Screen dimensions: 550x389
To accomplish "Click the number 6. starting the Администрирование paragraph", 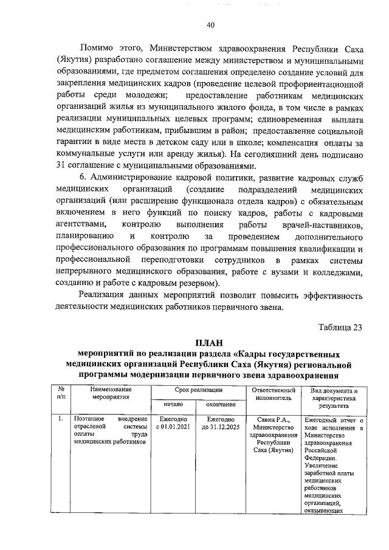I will tap(84, 178).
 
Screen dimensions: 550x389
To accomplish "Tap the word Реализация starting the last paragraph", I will tap(104, 295).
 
